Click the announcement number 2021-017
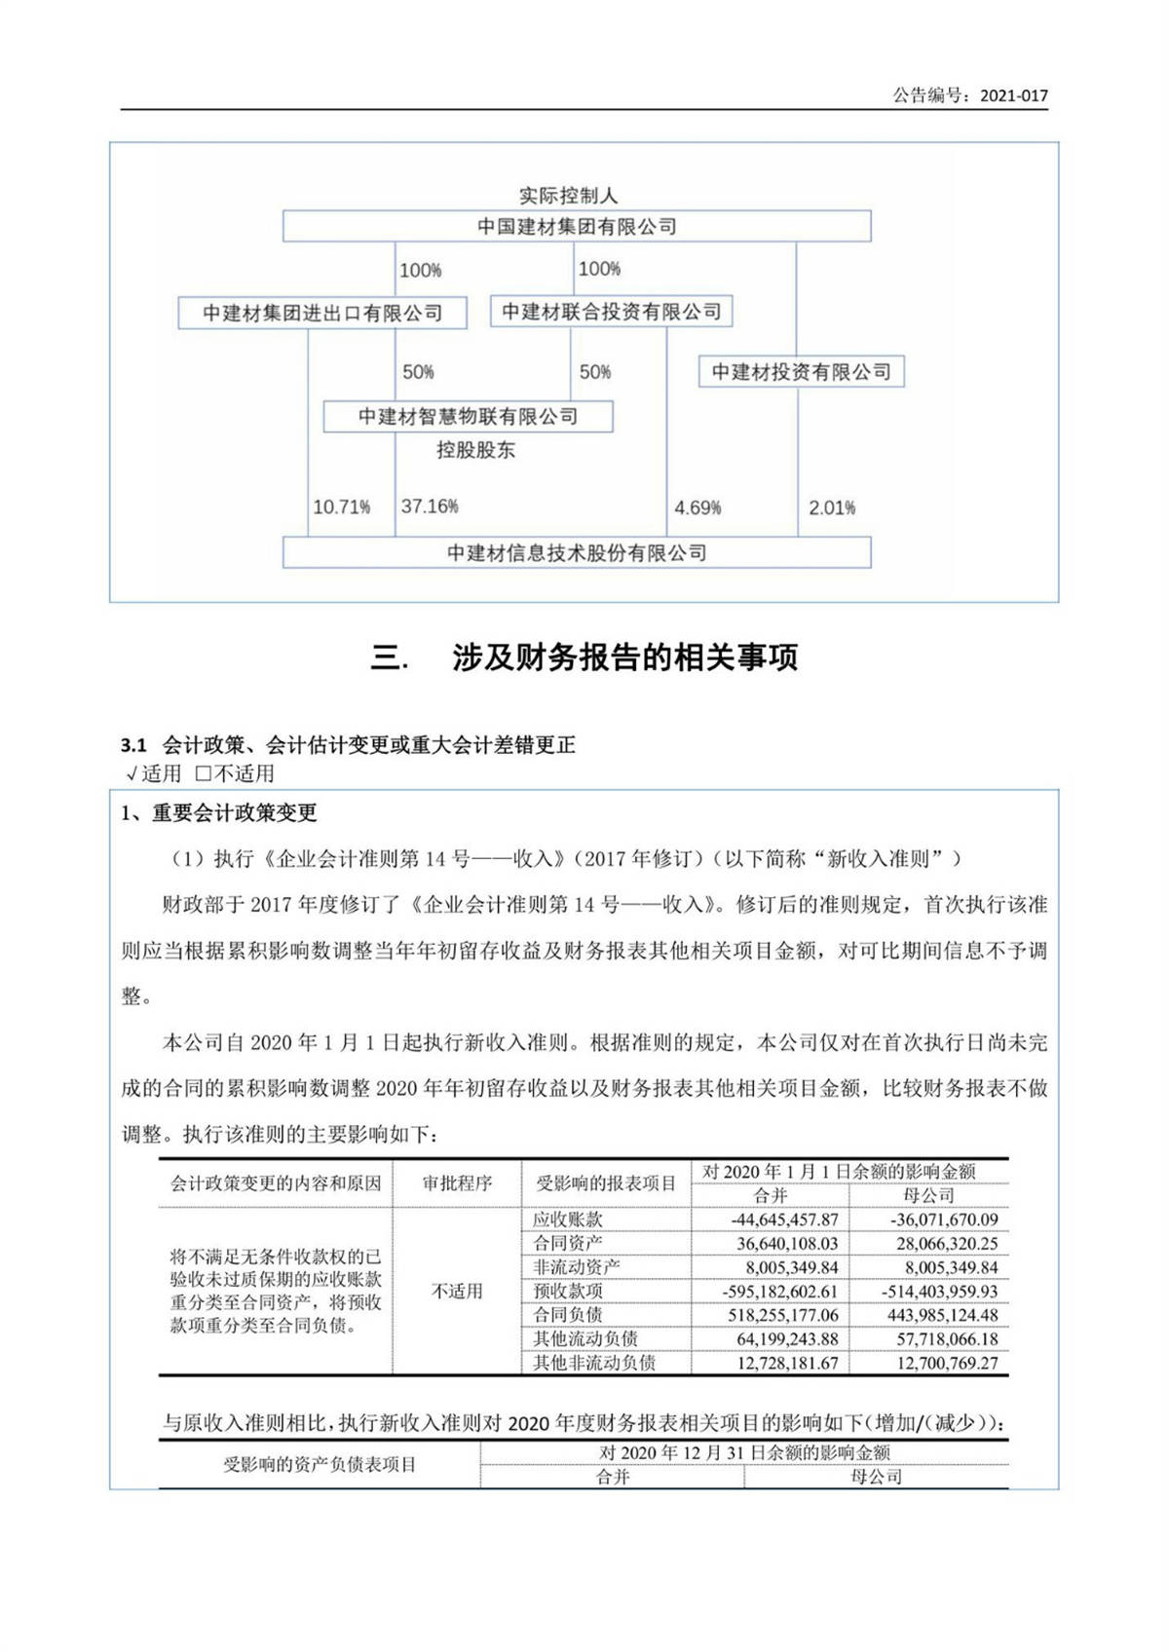tap(1013, 95)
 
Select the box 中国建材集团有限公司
tap(577, 227)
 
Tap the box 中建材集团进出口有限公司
tap(322, 314)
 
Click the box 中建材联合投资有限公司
tap(611, 312)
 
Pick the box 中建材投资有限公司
tap(801, 372)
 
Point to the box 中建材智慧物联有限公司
tap(468, 417)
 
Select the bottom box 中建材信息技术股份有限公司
tap(577, 553)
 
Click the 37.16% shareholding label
tap(430, 507)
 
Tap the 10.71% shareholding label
tap(341, 507)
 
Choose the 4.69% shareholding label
tap(698, 507)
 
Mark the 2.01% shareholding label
tap(832, 507)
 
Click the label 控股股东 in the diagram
tap(475, 450)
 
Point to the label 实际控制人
tap(568, 196)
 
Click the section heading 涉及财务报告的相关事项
tap(624, 657)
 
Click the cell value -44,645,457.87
tap(784, 1220)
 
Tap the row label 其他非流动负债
tap(594, 1363)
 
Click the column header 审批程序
tap(457, 1183)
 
